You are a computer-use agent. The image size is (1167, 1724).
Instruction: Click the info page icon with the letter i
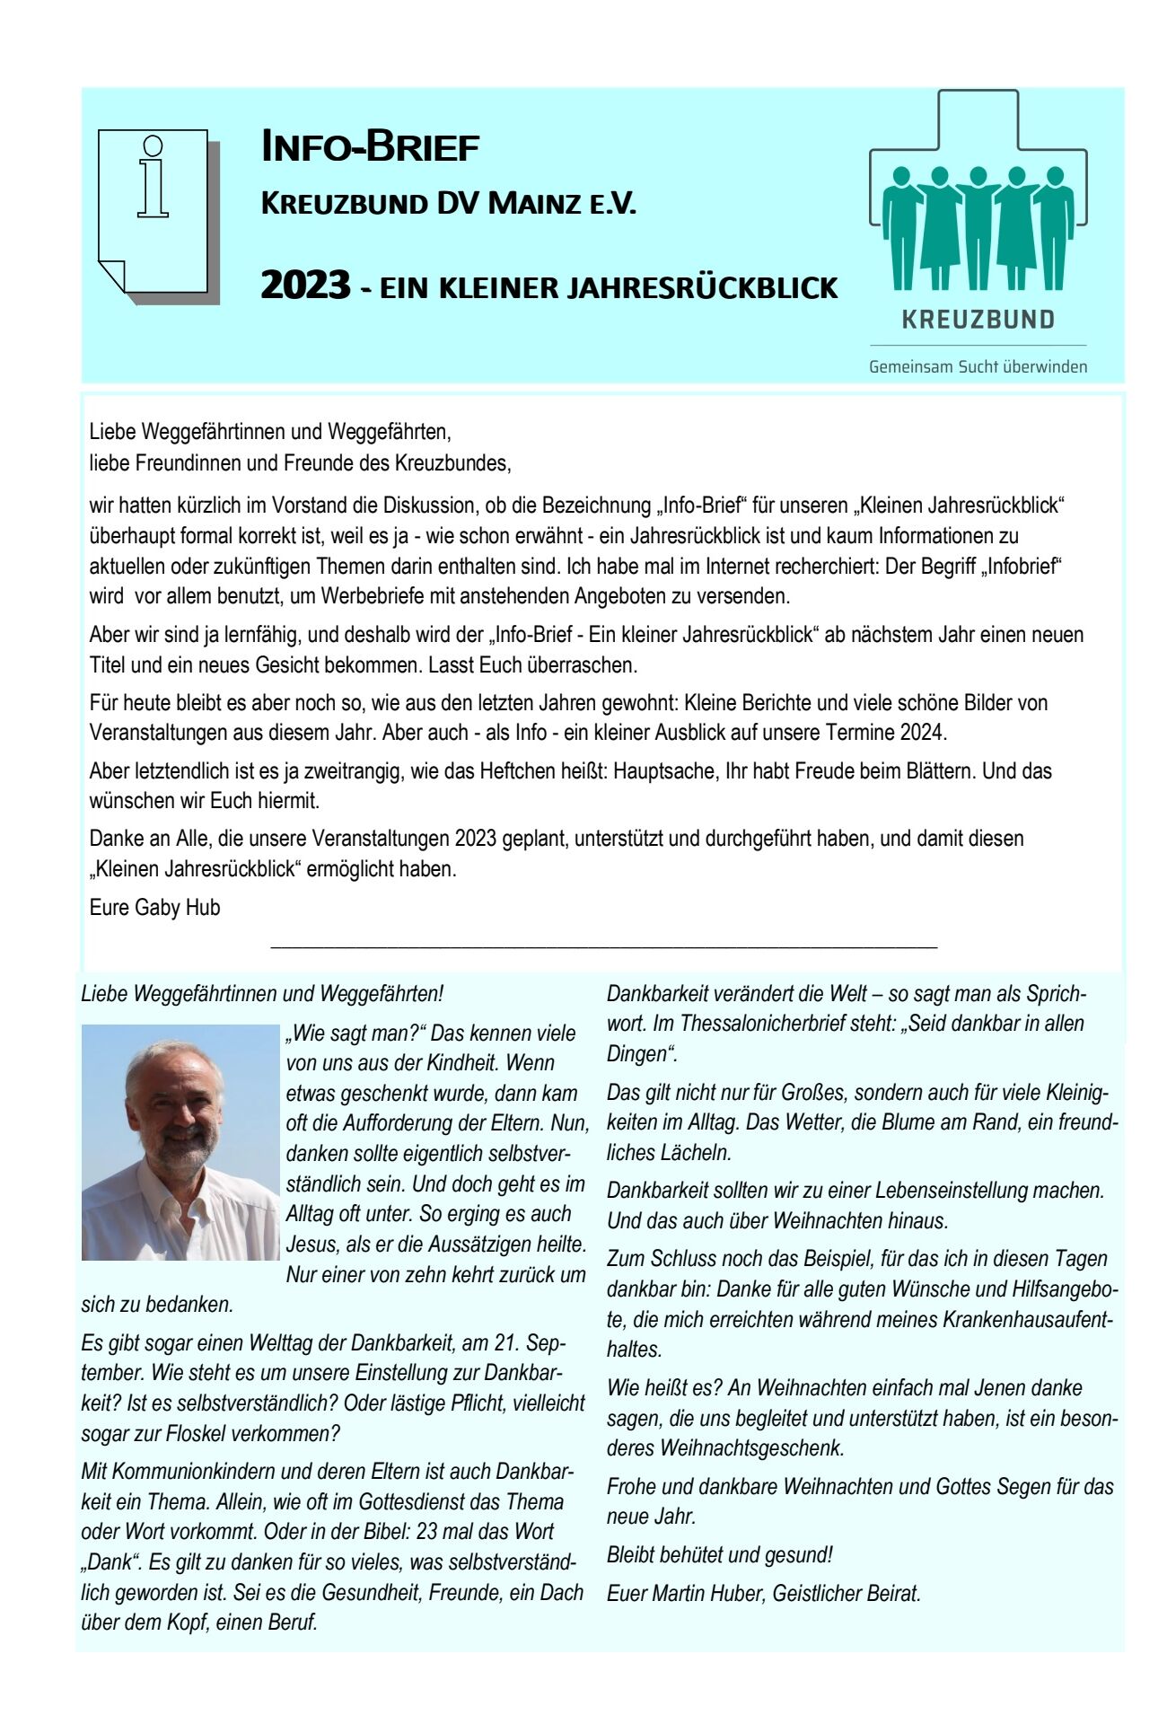tap(154, 212)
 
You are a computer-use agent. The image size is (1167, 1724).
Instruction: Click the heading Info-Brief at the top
tap(370, 147)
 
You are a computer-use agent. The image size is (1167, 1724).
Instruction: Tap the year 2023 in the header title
tap(305, 286)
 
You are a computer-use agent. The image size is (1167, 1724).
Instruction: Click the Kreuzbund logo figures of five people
tap(978, 227)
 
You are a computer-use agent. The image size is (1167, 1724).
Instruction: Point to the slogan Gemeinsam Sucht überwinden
tap(978, 366)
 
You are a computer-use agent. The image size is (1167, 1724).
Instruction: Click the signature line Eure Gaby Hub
tap(154, 907)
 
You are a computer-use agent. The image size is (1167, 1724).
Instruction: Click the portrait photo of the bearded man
tap(180, 1142)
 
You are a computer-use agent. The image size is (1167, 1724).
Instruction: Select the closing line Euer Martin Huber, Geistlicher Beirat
tap(764, 1593)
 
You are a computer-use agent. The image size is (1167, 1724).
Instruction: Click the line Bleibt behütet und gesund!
tap(720, 1554)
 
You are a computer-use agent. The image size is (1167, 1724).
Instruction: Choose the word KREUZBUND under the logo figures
tap(978, 320)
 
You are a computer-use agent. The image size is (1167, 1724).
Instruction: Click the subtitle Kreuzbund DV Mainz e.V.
tap(448, 204)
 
